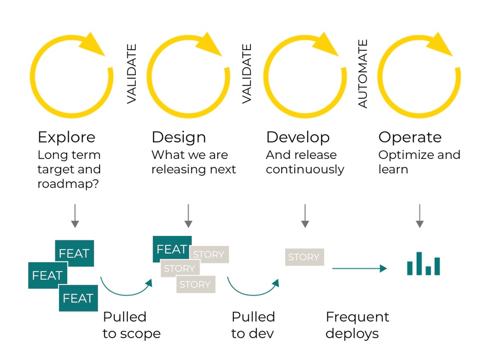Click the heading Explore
(x=67, y=138)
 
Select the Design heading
(x=179, y=138)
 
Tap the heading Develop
(x=298, y=138)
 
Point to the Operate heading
(x=410, y=138)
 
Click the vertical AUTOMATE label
(x=363, y=74)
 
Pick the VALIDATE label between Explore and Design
(x=131, y=74)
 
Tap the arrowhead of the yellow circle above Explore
(x=92, y=45)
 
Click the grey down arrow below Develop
(x=305, y=216)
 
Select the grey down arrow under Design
(x=188, y=216)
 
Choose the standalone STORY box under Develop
(x=304, y=257)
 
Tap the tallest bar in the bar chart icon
(x=419, y=263)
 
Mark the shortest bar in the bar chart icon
(x=428, y=270)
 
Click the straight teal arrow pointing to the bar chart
(x=360, y=268)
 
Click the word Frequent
(x=358, y=317)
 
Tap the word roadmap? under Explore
(x=68, y=184)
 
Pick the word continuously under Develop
(x=305, y=170)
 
